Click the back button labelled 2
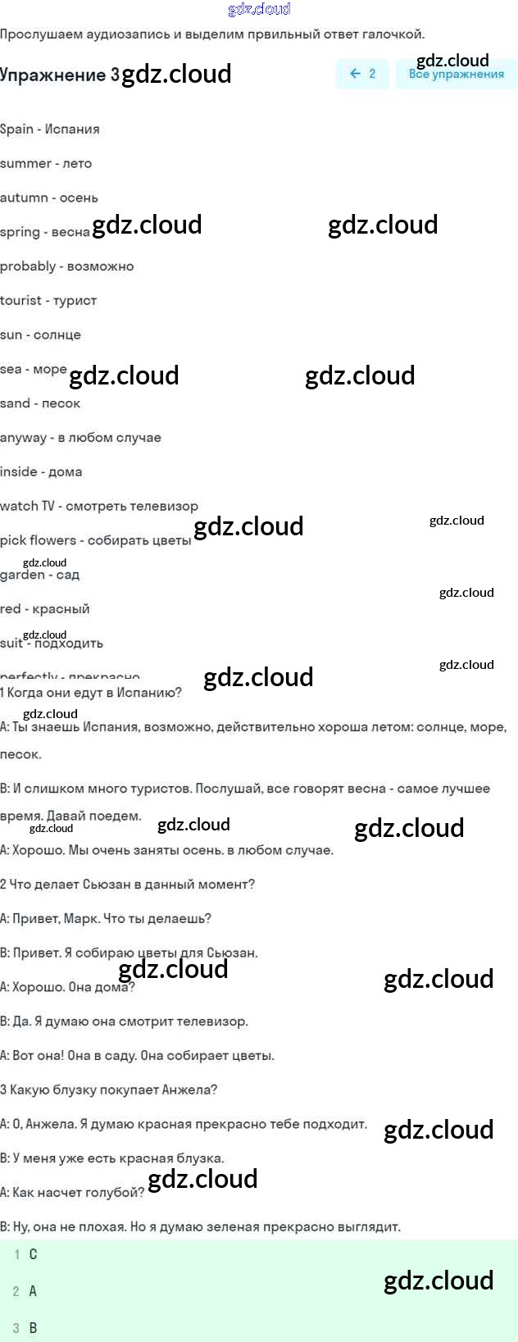pos(362,74)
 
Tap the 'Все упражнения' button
pos(456,75)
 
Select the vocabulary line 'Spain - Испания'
pos(50,130)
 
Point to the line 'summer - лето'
pos(46,164)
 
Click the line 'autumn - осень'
pos(49,198)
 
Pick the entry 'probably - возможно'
pos(66,266)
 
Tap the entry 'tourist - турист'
pos(48,301)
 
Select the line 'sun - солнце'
pos(40,335)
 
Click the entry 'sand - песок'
pos(40,403)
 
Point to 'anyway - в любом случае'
pos(80,438)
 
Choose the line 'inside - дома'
pos(41,472)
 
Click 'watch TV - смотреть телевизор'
pos(99,507)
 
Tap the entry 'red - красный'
pos(45,609)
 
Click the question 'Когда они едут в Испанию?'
pos(91,693)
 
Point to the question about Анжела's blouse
pos(109,1090)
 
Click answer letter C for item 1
pos(33,1254)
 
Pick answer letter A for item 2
pos(33,1291)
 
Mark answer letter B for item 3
pos(33,1328)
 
